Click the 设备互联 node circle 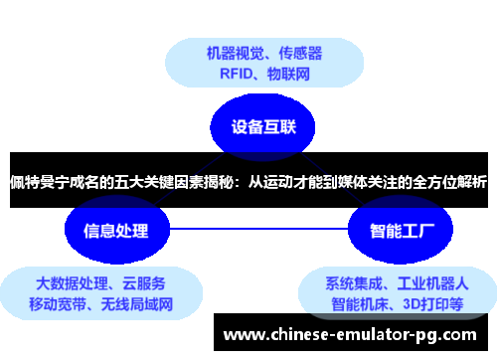(259, 126)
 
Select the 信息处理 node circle (112, 231)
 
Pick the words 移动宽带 (60, 303)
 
